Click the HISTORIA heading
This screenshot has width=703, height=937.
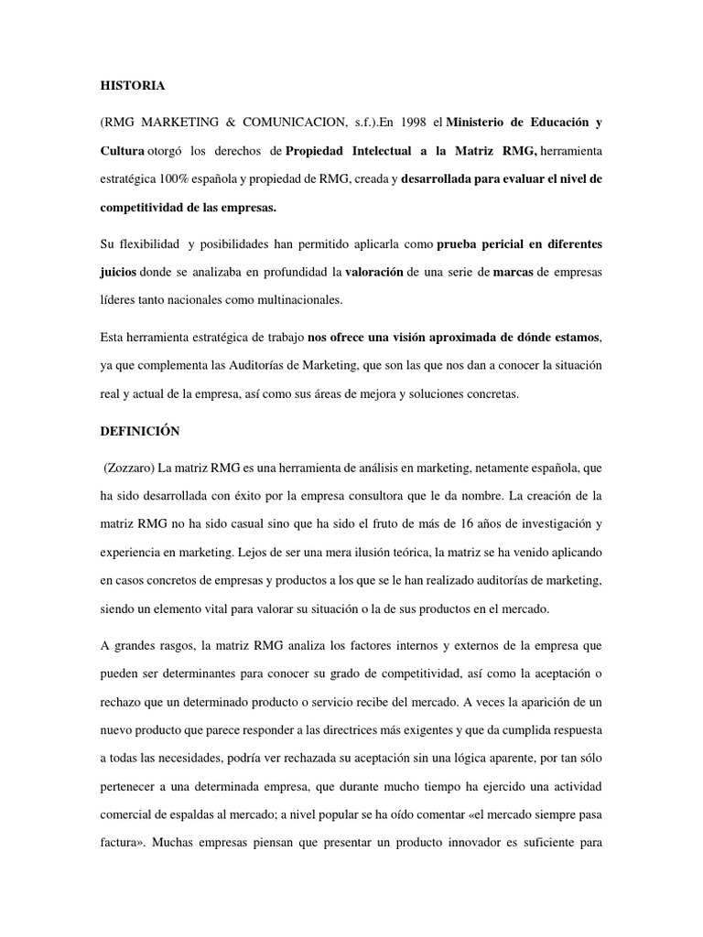(133, 85)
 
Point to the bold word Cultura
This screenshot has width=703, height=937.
(123, 151)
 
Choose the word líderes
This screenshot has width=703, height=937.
(122, 300)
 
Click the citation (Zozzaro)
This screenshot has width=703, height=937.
(128, 468)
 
